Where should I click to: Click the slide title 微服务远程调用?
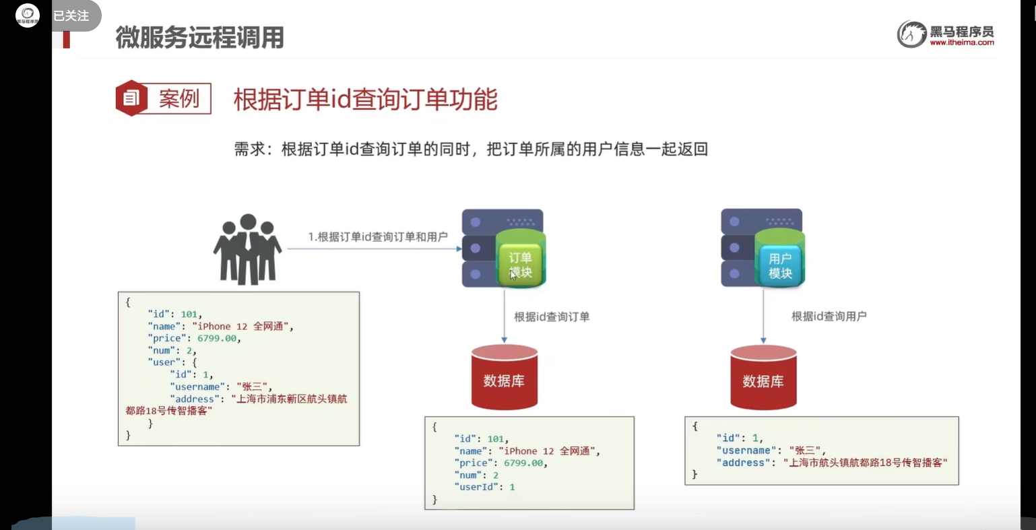(199, 38)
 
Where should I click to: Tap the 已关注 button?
(71, 15)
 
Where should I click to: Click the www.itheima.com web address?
(961, 42)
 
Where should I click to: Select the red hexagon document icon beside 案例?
(131, 98)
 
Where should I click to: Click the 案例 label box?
(179, 99)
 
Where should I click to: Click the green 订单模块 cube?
(520, 265)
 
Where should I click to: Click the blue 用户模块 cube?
(780, 265)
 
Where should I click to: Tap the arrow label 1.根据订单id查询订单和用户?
(378, 236)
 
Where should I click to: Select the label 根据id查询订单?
(552, 317)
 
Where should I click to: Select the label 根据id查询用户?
(829, 316)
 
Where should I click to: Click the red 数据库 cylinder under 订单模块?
(504, 378)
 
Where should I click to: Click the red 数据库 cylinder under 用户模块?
(763, 378)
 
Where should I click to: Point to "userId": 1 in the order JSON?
(485, 487)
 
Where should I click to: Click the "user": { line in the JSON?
(172, 362)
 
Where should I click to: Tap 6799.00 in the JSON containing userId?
(523, 463)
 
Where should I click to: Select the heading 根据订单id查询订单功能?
(365, 100)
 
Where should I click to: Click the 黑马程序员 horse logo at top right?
(911, 34)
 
